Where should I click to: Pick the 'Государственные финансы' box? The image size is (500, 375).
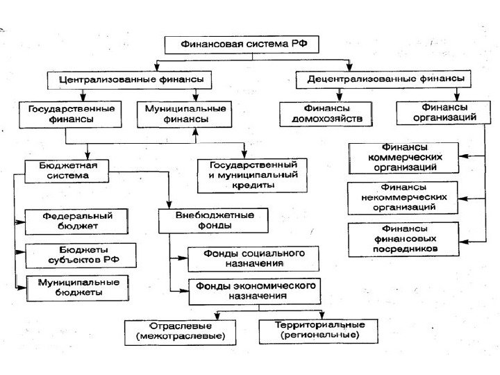coord(72,114)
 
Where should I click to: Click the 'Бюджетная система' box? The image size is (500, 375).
coord(67,171)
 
